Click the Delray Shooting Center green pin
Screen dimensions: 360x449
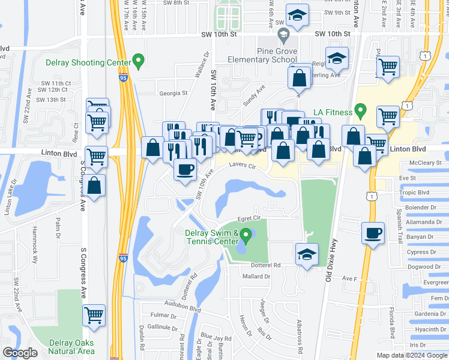139,60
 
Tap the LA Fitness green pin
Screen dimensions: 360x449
360,110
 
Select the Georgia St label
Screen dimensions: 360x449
173,93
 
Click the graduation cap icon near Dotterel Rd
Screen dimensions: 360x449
307,254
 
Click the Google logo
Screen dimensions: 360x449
20,353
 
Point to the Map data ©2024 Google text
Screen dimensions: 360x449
411,355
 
